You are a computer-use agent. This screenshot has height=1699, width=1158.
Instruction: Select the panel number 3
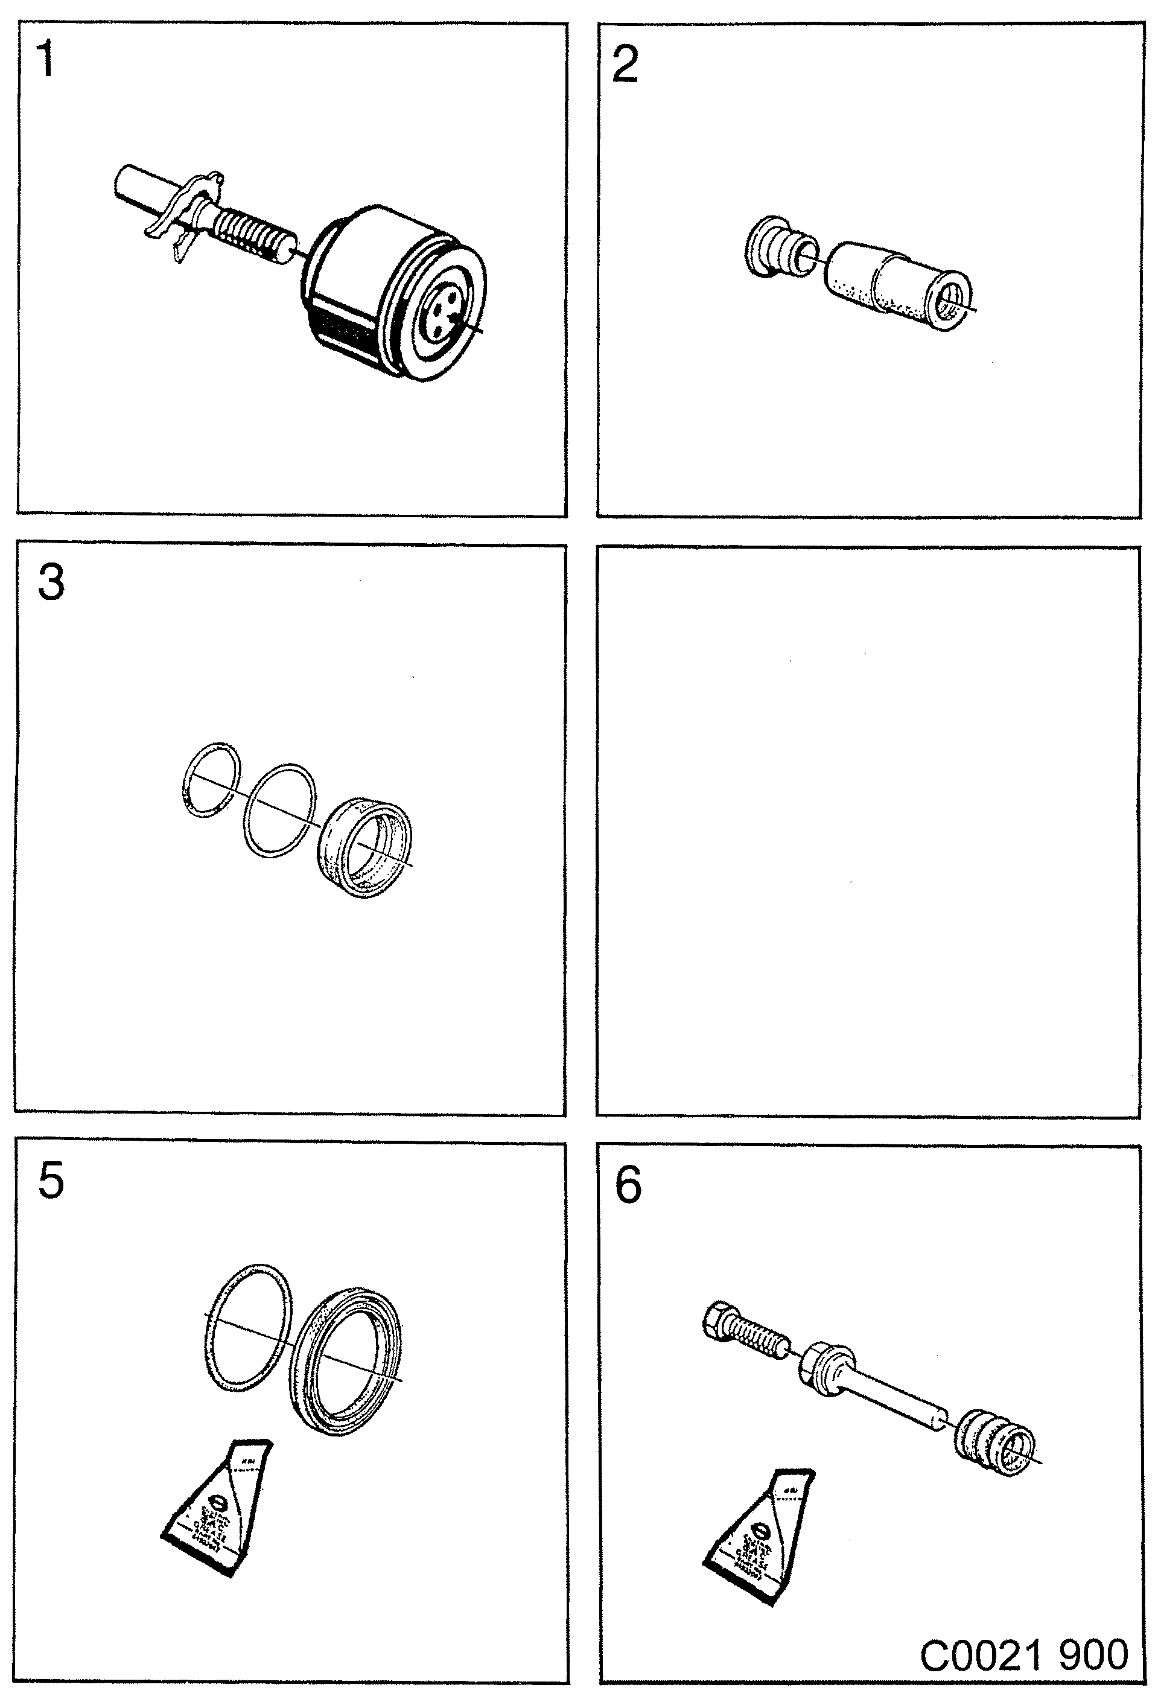(x=51, y=584)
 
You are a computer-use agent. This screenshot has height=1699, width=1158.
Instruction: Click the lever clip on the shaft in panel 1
(x=186, y=212)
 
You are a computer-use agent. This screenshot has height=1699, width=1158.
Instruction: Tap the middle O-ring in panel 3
(x=280, y=809)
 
